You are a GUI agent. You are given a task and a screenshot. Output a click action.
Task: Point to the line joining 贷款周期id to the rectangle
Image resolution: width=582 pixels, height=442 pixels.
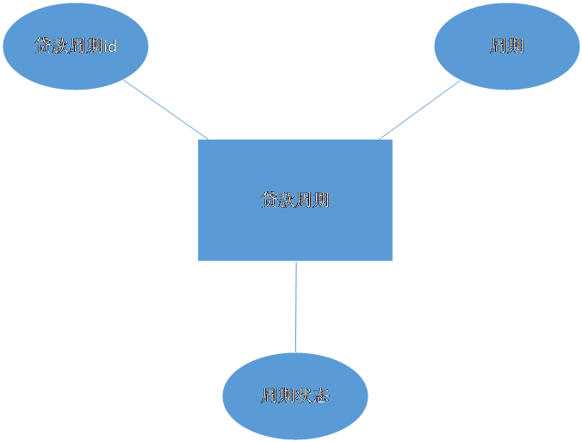click(x=165, y=109)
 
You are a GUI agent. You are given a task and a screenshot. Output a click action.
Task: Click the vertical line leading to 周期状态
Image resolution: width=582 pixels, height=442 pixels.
click(x=296, y=306)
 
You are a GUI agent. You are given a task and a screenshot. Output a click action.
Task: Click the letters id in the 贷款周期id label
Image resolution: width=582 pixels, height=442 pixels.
click(x=109, y=46)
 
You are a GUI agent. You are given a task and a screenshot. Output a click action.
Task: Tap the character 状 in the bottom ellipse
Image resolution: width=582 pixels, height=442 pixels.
click(x=304, y=396)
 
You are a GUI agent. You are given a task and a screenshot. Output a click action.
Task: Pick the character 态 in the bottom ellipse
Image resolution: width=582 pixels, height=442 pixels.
click(x=320, y=396)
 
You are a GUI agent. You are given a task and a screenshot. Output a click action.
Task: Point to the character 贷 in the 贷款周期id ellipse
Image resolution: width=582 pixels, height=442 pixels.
click(x=43, y=46)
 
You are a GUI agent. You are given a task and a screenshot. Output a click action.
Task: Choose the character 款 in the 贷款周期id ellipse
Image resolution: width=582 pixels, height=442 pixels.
click(x=60, y=46)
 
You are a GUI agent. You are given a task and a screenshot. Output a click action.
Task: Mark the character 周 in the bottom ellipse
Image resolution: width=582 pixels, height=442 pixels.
click(x=269, y=396)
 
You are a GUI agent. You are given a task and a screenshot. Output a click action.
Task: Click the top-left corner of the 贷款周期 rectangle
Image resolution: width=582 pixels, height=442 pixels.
click(x=198, y=140)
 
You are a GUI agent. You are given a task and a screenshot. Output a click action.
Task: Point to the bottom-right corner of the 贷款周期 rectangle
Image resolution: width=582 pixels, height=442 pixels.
click(x=393, y=260)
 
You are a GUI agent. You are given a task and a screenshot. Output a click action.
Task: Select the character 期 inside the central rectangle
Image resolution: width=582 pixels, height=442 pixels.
click(x=321, y=200)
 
